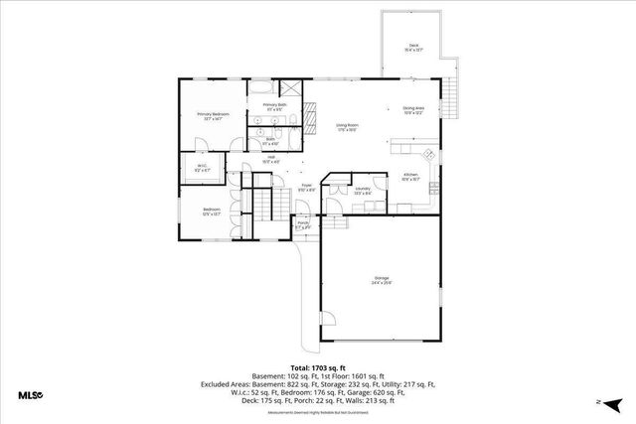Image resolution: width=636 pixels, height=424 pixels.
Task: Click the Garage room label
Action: pyautogui.click(x=382, y=279)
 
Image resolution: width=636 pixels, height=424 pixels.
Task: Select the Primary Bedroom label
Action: pyautogui.click(x=212, y=116)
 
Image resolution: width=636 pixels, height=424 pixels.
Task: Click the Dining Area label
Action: pyautogui.click(x=413, y=110)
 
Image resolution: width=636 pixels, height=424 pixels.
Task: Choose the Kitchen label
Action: pyautogui.click(x=410, y=177)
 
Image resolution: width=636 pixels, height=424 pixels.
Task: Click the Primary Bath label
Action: pyautogui.click(x=273, y=107)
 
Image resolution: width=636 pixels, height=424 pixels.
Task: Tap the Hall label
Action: pyautogui.click(x=270, y=159)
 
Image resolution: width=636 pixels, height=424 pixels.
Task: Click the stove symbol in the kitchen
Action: pyautogui.click(x=429, y=154)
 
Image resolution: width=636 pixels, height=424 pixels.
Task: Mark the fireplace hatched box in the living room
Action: pyautogui.click(x=309, y=120)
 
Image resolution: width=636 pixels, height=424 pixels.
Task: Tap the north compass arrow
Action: pyautogui.click(x=613, y=401)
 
